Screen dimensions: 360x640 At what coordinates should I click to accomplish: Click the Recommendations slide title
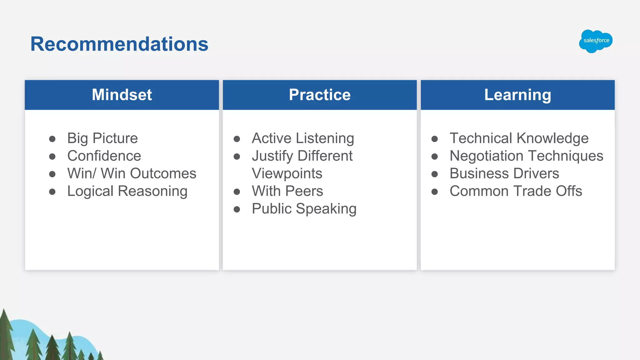[x=119, y=44]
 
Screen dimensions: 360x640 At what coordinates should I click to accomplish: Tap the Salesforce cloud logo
[x=596, y=41]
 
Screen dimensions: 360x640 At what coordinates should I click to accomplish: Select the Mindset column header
[x=122, y=95]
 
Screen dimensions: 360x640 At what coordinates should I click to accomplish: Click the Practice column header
[x=320, y=95]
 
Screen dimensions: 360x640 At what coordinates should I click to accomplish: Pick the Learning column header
[x=517, y=95]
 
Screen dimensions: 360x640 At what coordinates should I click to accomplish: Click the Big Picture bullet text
[x=102, y=138]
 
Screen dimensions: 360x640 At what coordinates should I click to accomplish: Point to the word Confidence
[x=104, y=156]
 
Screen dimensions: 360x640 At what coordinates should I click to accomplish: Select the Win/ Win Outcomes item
[x=132, y=173]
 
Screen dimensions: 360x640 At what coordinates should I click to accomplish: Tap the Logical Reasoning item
[x=127, y=191]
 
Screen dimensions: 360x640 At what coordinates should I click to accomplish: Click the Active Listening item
[x=303, y=138]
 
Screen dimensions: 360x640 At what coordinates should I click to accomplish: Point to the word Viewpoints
[x=287, y=173]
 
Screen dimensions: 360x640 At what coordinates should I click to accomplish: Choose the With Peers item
[x=287, y=191]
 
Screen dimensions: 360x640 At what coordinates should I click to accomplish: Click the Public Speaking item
[x=304, y=208]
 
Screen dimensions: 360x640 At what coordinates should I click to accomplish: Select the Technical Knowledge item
[x=519, y=138]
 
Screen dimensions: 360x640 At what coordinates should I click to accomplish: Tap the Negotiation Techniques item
[x=526, y=156]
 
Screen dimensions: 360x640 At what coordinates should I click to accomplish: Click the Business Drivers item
[x=504, y=173]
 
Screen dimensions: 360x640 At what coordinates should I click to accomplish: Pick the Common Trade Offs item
[x=516, y=191]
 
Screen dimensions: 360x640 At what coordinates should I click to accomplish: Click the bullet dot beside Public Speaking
[x=237, y=209]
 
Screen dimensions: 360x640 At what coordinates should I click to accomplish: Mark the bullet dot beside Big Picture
[x=52, y=139]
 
